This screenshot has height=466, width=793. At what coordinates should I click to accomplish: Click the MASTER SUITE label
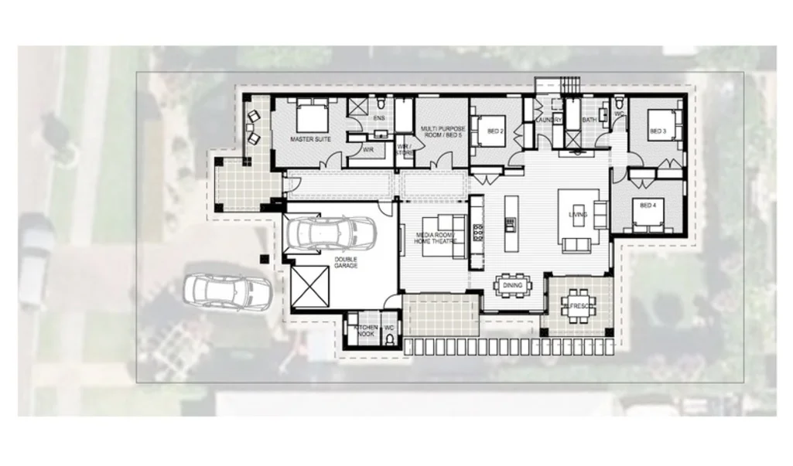click(311, 140)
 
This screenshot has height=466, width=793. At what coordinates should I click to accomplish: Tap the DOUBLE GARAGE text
click(346, 263)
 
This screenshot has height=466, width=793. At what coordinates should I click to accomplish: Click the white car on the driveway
click(227, 292)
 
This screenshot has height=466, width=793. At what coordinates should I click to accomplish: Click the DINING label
click(512, 285)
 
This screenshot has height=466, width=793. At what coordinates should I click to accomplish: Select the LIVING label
click(578, 214)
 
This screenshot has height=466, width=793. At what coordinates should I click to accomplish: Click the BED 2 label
click(495, 131)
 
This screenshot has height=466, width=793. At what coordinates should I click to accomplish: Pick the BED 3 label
click(658, 131)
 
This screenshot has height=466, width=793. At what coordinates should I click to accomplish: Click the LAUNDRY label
click(548, 120)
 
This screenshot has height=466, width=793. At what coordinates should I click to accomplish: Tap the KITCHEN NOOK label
click(365, 331)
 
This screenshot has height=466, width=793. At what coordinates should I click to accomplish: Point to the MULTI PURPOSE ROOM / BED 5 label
click(441, 131)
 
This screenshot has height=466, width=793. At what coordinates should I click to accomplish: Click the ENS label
click(379, 118)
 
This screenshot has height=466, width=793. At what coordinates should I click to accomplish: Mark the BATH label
click(590, 120)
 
